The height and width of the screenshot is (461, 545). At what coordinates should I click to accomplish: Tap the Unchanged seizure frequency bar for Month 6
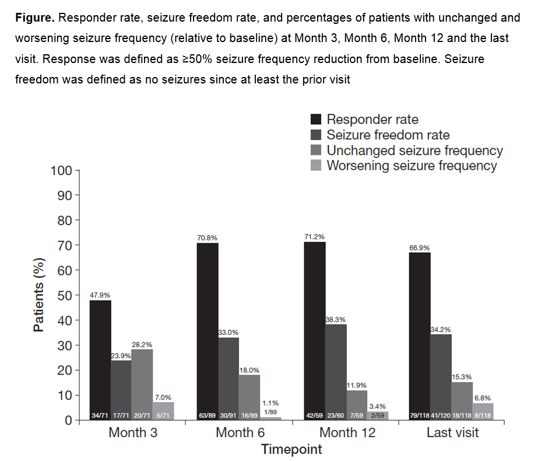249,394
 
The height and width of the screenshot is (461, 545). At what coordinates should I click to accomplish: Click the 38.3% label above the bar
336,320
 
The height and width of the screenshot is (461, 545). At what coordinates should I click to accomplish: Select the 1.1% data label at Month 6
270,403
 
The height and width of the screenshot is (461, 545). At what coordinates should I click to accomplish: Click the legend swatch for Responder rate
316,120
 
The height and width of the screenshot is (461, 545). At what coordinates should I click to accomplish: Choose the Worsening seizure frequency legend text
412,166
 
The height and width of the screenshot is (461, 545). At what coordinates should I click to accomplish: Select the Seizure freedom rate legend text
388,135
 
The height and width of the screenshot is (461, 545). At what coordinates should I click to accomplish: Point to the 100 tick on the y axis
60,170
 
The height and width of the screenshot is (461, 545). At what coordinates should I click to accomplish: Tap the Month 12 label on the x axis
347,433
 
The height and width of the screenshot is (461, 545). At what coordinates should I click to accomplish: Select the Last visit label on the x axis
453,433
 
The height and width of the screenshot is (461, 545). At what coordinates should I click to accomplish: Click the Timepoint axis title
291,449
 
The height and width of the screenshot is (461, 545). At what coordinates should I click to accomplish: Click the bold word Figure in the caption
34,18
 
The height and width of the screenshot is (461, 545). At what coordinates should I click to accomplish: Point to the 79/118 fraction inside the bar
419,415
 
